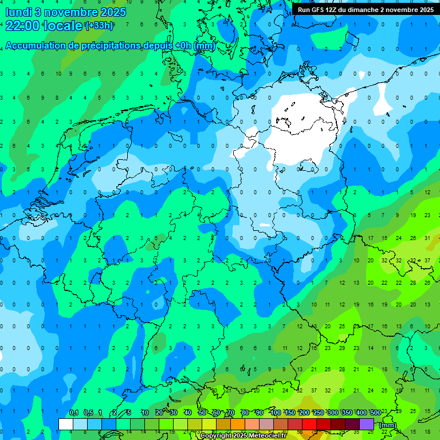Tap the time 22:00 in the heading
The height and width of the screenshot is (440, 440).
click(22, 26)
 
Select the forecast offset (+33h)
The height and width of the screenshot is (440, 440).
click(99, 26)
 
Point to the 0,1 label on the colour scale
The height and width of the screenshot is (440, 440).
click(74, 412)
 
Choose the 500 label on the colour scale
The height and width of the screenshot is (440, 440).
click(375, 412)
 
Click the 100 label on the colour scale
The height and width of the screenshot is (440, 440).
click(276, 412)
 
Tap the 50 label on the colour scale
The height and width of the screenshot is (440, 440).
click(202, 412)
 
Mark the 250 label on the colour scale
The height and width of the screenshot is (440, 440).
click(318, 412)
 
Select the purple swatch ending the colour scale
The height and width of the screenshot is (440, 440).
click(367, 424)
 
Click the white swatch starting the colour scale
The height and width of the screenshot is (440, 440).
click(66, 424)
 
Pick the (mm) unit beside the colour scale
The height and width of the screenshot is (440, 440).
click(388, 425)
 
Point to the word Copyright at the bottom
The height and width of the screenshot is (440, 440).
click(217, 436)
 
